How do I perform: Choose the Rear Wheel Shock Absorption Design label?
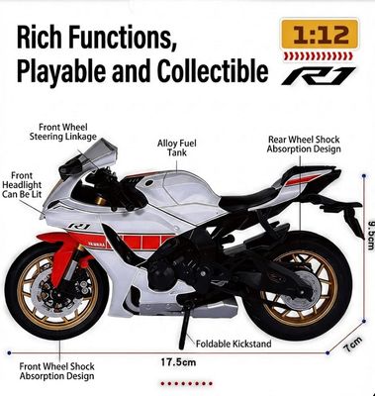point(305,145)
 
